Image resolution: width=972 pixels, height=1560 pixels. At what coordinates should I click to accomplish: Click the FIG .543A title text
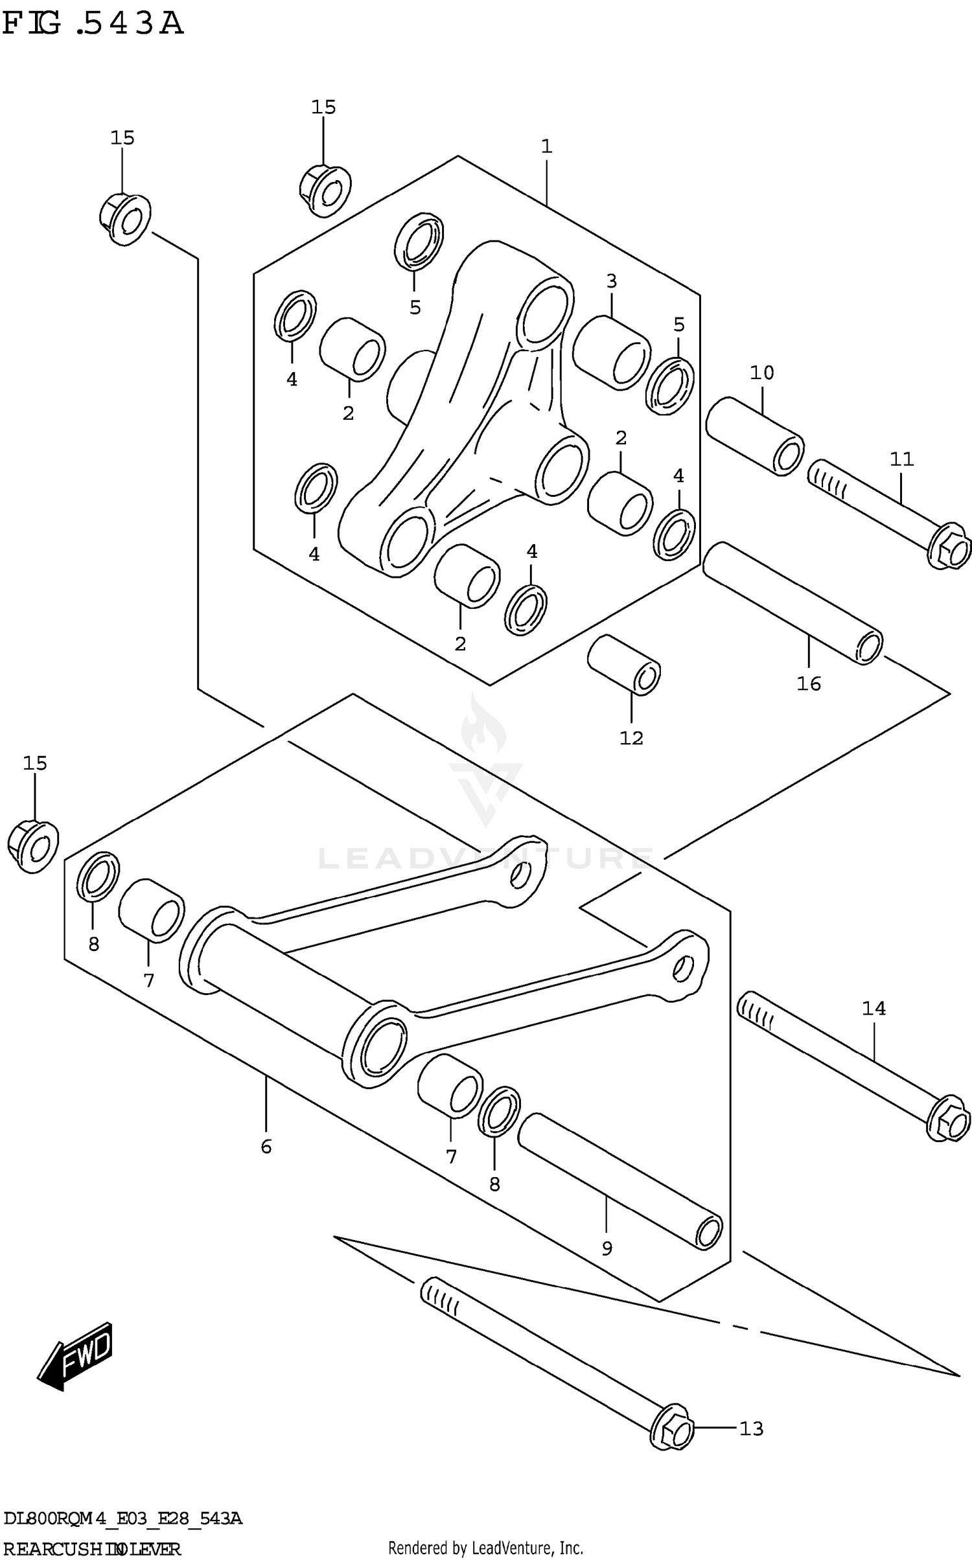point(93,24)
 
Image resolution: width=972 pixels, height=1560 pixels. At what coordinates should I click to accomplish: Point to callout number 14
point(873,1008)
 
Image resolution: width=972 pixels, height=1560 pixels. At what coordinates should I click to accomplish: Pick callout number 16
point(808,683)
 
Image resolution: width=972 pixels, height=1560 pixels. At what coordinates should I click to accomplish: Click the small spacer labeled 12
point(623,665)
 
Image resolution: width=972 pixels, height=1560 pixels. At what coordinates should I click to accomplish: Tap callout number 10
point(761,373)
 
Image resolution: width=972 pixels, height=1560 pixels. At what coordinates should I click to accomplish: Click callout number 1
point(546,146)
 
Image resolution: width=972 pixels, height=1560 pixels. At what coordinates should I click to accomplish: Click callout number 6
point(266,1147)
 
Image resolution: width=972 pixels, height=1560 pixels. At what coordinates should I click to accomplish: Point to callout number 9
point(607,1248)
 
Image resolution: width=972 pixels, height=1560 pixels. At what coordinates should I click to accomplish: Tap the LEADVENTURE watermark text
point(486,858)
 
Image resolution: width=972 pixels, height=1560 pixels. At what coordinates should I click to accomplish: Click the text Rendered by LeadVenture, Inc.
point(485,1548)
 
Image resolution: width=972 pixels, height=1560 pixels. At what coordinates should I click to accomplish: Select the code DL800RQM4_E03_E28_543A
point(122,1519)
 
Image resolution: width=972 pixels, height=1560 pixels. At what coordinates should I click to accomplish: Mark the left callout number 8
point(94,944)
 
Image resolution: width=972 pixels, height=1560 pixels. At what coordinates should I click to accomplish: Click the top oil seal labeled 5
point(419,240)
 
